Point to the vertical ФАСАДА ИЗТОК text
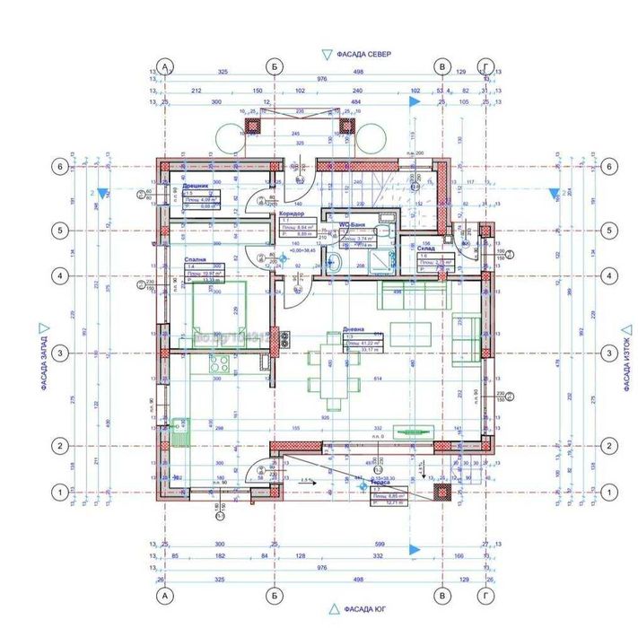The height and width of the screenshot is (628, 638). (x=627, y=357)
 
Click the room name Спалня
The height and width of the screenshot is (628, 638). (x=196, y=257)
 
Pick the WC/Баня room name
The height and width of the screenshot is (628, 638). (x=356, y=228)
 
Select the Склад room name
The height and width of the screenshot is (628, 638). (x=427, y=248)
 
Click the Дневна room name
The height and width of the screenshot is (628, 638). (x=354, y=330)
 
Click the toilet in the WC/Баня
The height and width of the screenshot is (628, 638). (x=334, y=261)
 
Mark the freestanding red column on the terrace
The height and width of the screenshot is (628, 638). (x=441, y=491)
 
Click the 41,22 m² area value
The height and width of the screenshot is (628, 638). (x=369, y=343)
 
